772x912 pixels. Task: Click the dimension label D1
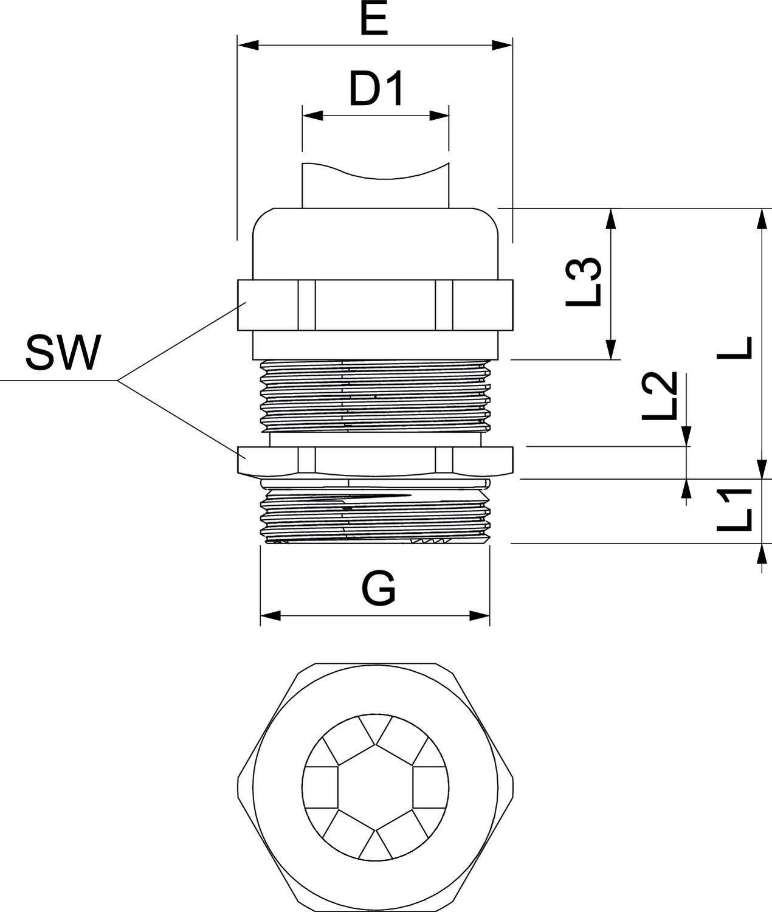point(376,90)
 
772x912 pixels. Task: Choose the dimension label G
point(379,589)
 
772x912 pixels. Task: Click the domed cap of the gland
point(375,243)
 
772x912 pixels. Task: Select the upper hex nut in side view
point(375,305)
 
